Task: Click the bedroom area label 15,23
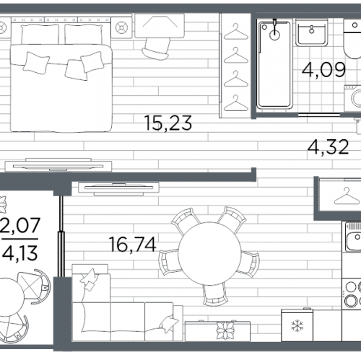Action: click(x=168, y=123)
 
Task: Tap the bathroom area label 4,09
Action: click(x=323, y=70)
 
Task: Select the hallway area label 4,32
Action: click(x=328, y=147)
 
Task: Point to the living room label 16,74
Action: click(x=133, y=245)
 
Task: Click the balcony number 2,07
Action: click(x=20, y=225)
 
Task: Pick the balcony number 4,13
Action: click(x=20, y=253)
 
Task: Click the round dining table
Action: click(x=209, y=253)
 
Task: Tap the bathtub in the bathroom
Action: click(x=274, y=64)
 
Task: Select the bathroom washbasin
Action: click(x=312, y=33)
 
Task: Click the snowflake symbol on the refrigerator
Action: click(x=297, y=326)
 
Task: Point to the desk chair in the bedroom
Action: click(x=157, y=48)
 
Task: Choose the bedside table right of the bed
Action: click(x=121, y=27)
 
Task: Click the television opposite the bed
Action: click(x=58, y=165)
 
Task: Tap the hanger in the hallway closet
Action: click(x=347, y=196)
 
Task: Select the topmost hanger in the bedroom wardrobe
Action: click(x=236, y=32)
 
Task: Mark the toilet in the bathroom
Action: click(x=352, y=39)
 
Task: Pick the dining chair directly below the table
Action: click(x=215, y=294)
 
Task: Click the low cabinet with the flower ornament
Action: click(x=217, y=330)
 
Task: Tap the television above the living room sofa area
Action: click(x=118, y=189)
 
